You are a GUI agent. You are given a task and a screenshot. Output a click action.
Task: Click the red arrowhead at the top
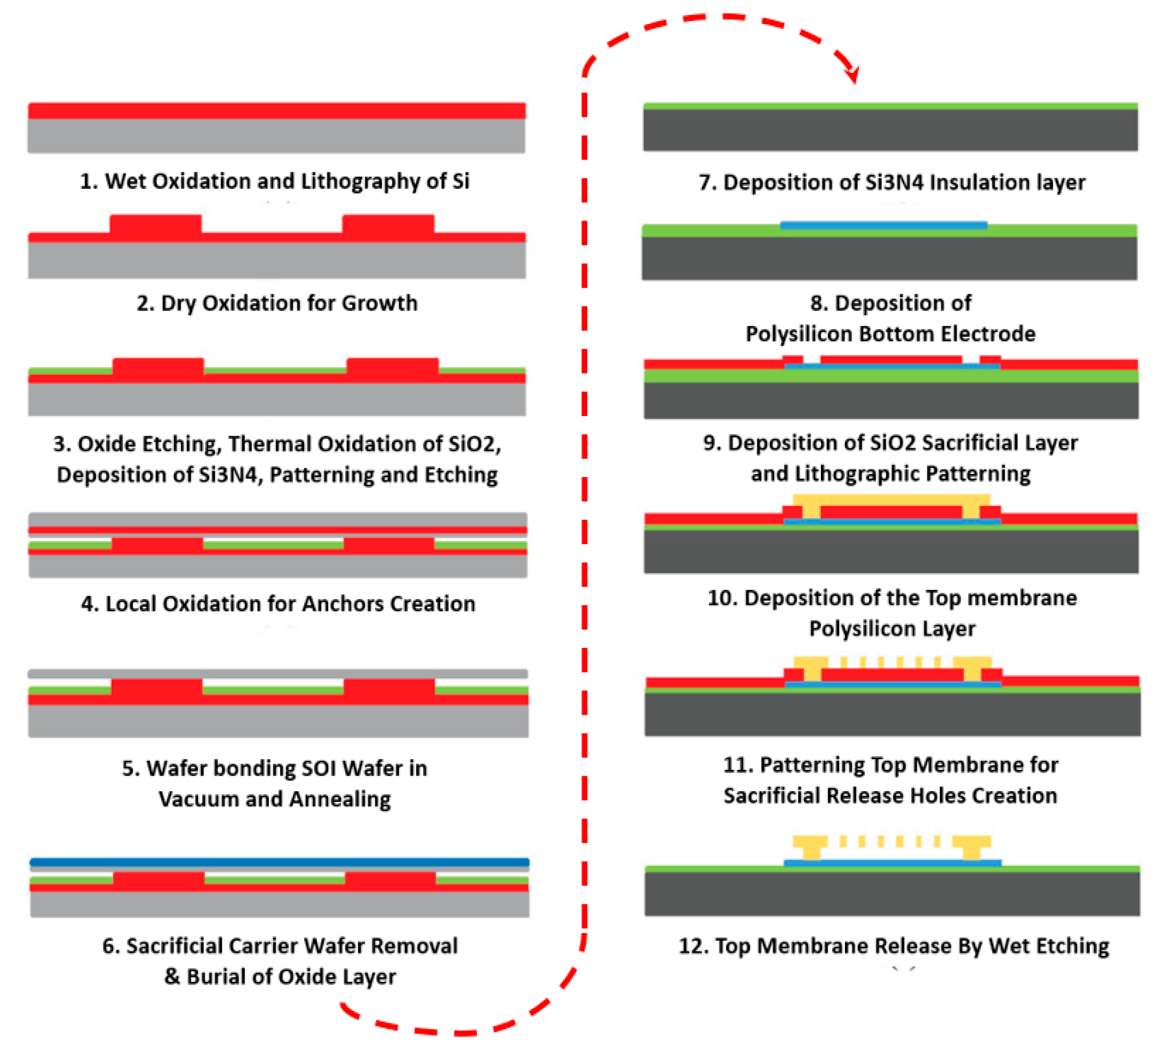(x=852, y=74)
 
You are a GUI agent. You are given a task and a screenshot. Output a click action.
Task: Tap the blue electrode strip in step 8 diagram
(x=883, y=225)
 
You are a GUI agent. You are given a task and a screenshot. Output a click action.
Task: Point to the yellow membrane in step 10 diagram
(x=892, y=500)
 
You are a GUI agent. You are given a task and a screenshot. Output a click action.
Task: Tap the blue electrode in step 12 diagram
(x=892, y=864)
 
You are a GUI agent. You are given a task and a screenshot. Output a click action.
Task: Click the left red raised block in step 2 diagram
(x=156, y=224)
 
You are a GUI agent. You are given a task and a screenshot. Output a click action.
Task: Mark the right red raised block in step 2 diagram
(x=388, y=224)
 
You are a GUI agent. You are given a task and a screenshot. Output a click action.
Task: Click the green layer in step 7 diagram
(x=890, y=106)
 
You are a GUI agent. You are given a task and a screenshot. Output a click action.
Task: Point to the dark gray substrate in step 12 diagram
(x=892, y=894)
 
